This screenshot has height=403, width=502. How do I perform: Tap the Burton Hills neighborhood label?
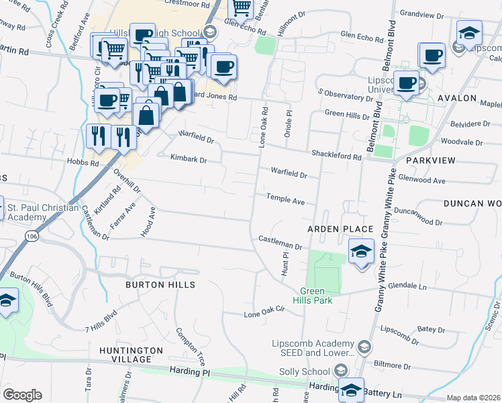pos(160,285)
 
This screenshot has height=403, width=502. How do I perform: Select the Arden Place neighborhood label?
pos(340,229)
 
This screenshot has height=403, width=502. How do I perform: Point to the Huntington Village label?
pos(131,355)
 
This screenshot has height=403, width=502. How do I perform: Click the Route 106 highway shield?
pos(32,236)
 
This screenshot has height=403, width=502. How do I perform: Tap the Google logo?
pos(22,395)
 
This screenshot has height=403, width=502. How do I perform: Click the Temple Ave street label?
pos(285,201)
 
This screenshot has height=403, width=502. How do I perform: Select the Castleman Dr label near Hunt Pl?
pos(281,240)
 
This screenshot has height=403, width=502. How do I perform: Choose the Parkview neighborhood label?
pos(430,161)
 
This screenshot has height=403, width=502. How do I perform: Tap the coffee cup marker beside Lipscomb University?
pos(405,83)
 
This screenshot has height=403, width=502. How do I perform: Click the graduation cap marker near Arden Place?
pos(360,253)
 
